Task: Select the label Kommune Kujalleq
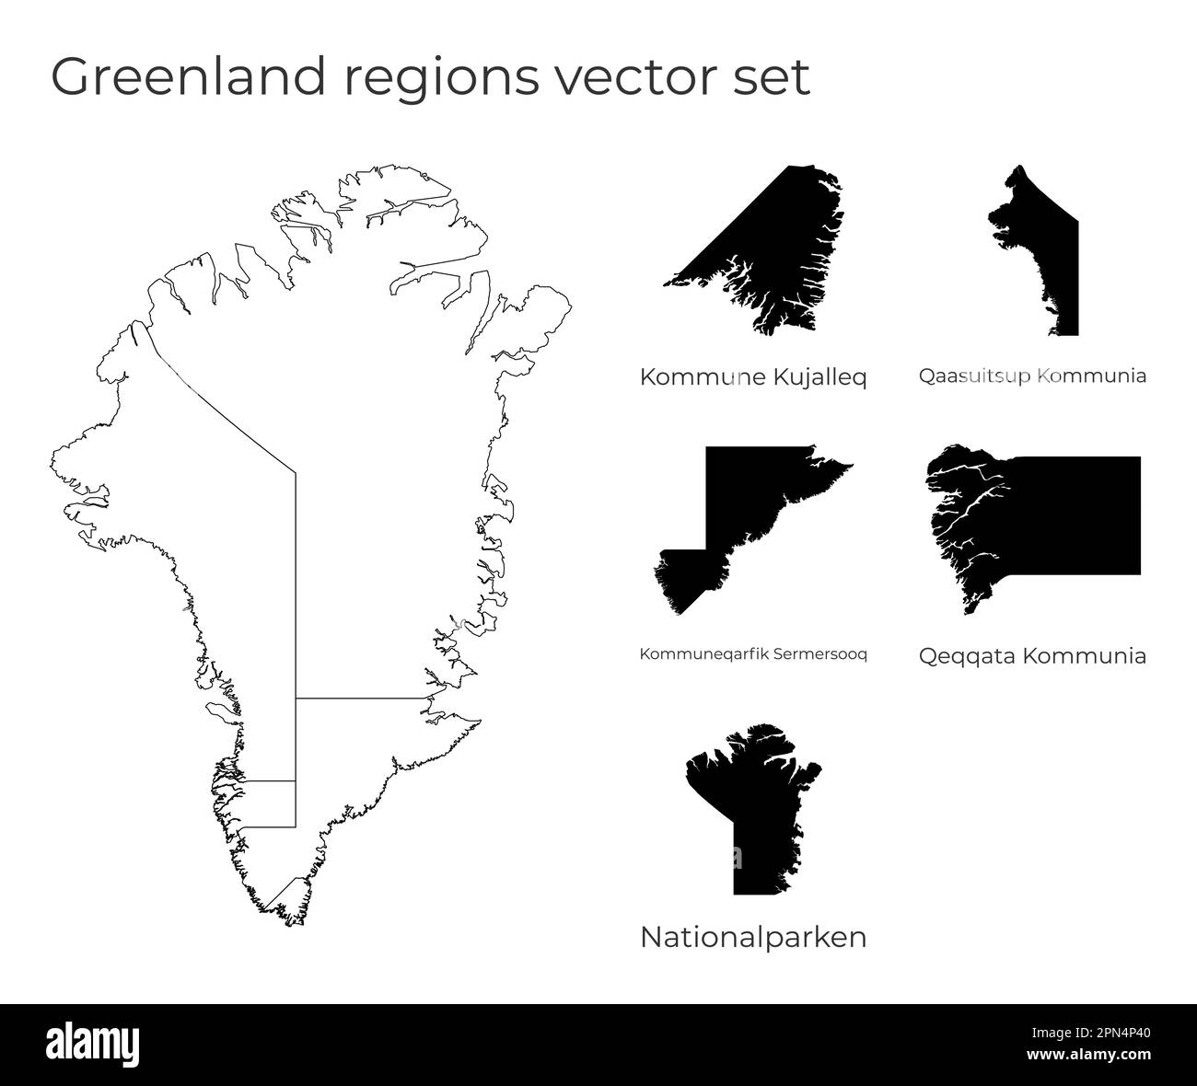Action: (752, 377)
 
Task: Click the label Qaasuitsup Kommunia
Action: (1032, 375)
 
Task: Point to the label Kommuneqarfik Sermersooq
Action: (752, 654)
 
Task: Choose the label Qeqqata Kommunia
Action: (1032, 656)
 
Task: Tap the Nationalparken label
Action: (752, 938)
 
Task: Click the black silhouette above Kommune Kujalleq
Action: (773, 248)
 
